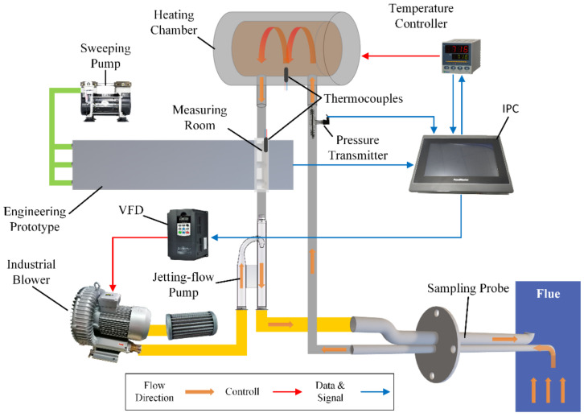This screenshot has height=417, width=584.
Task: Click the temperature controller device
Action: [461, 56]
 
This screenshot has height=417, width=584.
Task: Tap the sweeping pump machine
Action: [105, 101]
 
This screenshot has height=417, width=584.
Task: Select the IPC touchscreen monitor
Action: [461, 164]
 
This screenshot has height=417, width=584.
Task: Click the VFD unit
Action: [187, 234]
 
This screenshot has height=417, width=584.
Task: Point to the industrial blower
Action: [110, 322]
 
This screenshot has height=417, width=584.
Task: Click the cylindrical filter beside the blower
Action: [191, 325]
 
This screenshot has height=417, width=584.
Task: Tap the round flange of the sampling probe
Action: [437, 345]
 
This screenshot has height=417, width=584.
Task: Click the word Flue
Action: [548, 294]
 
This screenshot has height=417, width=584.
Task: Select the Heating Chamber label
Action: [174, 23]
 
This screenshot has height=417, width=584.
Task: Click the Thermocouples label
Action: [363, 98]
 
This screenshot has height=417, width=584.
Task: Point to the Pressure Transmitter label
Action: [357, 147]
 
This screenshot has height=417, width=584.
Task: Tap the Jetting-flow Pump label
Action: [183, 284]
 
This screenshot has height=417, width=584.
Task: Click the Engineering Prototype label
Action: [35, 219]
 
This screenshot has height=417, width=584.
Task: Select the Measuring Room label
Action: [199, 118]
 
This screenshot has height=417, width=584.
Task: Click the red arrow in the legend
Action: [287, 392]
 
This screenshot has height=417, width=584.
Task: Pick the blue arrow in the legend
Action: [375, 392]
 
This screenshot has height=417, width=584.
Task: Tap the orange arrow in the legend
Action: [199, 392]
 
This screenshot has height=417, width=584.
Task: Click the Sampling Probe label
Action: [468, 288]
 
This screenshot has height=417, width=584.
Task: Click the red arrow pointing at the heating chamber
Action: [401, 56]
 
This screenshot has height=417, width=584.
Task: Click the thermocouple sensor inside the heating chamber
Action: [286, 74]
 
